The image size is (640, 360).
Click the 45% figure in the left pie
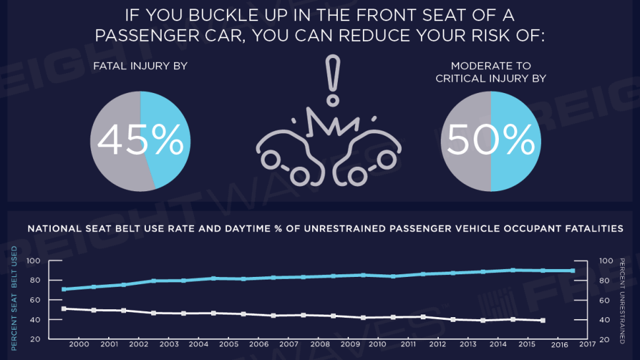141,140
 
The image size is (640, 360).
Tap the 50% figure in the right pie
491,140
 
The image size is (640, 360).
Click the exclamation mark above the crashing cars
333,80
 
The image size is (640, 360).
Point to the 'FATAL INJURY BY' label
141,66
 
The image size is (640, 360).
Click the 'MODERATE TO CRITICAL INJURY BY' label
491,72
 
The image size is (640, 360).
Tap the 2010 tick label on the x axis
377,344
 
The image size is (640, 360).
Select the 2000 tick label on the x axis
79,344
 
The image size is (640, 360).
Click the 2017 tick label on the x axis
587,344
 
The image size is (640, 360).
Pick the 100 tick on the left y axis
34,260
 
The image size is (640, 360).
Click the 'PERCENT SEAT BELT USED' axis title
15,298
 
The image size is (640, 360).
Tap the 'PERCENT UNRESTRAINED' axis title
622,301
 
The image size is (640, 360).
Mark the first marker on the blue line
64,289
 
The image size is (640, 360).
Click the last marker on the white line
543,320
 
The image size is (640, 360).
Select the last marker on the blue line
573,271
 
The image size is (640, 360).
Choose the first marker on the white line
64,309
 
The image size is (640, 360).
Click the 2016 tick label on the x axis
560,345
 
